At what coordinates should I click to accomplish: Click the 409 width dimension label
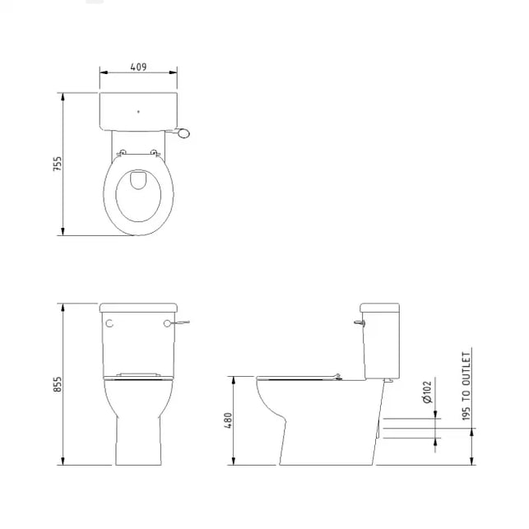click(x=138, y=67)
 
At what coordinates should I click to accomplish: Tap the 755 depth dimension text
click(x=58, y=164)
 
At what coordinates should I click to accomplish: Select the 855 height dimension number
click(x=58, y=384)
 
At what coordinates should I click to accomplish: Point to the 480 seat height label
click(x=228, y=420)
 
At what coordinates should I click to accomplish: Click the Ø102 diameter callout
click(x=427, y=392)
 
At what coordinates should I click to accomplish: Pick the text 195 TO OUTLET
click(x=466, y=387)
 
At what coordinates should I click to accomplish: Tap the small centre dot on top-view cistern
click(x=138, y=112)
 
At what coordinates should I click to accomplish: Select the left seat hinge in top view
click(x=122, y=153)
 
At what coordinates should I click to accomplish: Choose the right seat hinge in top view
click(x=155, y=153)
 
